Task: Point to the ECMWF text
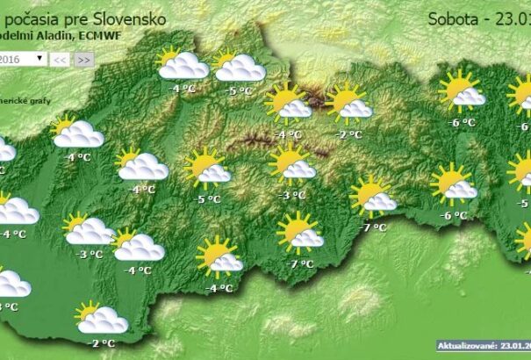(97, 34)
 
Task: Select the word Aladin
(54, 34)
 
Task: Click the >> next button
(83, 59)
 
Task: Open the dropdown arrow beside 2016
(40, 58)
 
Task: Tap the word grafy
(37, 100)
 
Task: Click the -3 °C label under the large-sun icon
(291, 195)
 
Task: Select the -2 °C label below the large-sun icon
(349, 134)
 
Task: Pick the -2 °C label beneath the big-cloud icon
(103, 343)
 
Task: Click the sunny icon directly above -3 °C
(291, 164)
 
